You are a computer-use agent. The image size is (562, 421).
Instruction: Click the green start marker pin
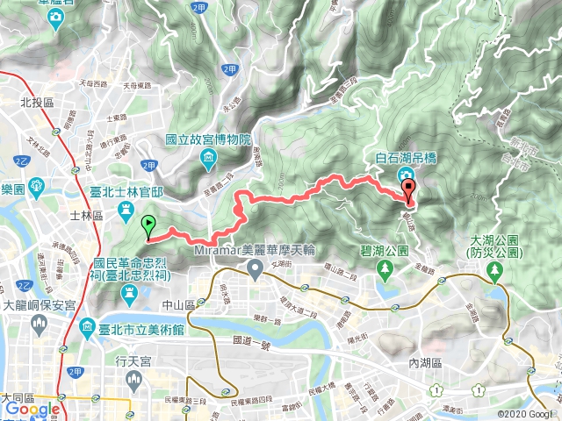[148, 225]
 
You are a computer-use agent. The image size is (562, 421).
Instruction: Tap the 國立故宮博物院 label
[209, 140]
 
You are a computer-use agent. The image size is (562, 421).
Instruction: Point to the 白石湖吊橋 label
[407, 158]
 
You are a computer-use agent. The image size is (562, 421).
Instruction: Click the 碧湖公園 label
[385, 251]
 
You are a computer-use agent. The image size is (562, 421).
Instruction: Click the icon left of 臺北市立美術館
[89, 330]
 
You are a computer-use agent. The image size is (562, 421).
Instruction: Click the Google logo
[32, 410]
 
